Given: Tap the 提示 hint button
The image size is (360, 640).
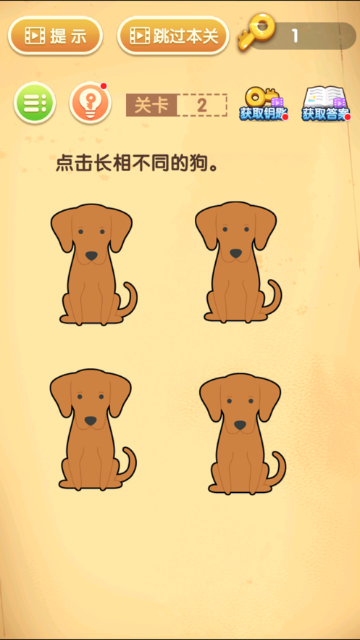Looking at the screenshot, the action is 55,36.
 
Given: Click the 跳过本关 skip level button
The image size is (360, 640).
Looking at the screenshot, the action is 173,36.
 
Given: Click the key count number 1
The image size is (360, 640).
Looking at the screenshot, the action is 295,37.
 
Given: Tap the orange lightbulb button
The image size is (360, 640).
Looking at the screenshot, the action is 90,103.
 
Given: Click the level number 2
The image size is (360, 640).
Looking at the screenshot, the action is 201,105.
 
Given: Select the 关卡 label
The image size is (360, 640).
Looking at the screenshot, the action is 151,105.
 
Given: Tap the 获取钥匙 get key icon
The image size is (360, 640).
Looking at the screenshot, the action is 264,104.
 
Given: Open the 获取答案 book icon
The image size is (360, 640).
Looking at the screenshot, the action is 326,104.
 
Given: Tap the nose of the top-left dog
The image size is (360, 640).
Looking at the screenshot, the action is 91,257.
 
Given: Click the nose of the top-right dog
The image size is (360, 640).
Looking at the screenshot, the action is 235,254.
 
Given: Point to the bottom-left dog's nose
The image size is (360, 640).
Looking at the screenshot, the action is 91,421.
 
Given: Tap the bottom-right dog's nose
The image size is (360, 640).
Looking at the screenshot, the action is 240,425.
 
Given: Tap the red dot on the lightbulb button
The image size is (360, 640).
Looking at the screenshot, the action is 104,86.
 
